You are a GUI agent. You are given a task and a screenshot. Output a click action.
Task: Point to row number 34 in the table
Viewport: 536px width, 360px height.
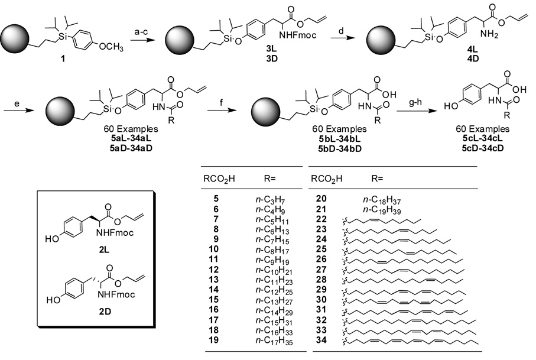(319, 341)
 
